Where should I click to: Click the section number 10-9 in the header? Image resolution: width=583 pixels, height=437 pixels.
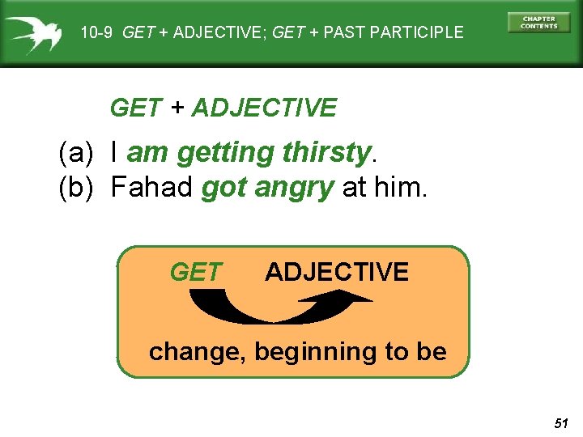point(98,33)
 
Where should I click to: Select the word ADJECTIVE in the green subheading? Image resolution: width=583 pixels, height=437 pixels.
point(264,108)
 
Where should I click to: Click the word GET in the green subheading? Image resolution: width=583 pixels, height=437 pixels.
point(135,108)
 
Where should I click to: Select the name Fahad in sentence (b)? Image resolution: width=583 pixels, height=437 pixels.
point(151,188)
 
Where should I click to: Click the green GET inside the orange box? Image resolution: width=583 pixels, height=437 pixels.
point(196,273)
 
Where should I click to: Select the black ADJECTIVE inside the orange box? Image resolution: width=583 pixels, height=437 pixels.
point(337,272)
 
